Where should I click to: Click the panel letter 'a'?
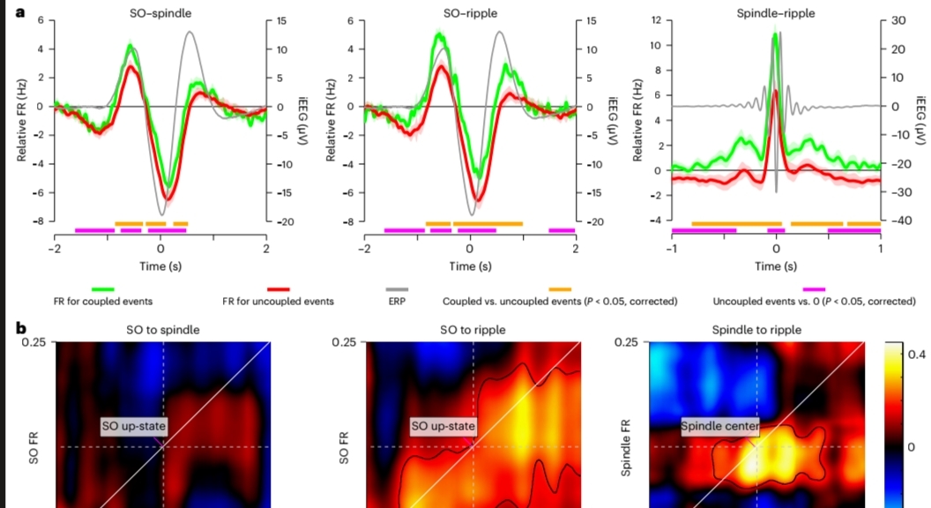tap(21, 11)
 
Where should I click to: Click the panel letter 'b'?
tap(21, 328)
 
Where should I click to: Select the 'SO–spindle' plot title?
tap(160, 12)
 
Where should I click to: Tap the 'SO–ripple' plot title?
tap(470, 12)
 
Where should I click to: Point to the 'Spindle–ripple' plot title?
tap(776, 12)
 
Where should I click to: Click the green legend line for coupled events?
tap(103, 289)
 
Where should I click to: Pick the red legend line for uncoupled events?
tap(279, 289)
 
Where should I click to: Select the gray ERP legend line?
tap(398, 289)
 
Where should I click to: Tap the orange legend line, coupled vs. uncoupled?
tap(560, 289)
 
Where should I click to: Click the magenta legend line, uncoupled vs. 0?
tap(814, 289)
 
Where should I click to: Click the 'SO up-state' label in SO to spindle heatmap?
tap(134, 426)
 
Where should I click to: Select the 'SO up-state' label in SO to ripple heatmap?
tap(443, 426)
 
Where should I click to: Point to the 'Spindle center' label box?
tap(719, 426)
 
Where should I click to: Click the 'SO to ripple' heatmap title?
tap(473, 330)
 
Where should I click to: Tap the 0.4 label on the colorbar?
tap(916, 355)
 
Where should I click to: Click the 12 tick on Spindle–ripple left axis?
tap(656, 20)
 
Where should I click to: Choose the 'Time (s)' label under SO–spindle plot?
tap(160, 266)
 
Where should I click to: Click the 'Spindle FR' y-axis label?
tap(626, 448)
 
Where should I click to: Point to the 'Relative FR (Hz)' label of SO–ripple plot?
tap(331, 119)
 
